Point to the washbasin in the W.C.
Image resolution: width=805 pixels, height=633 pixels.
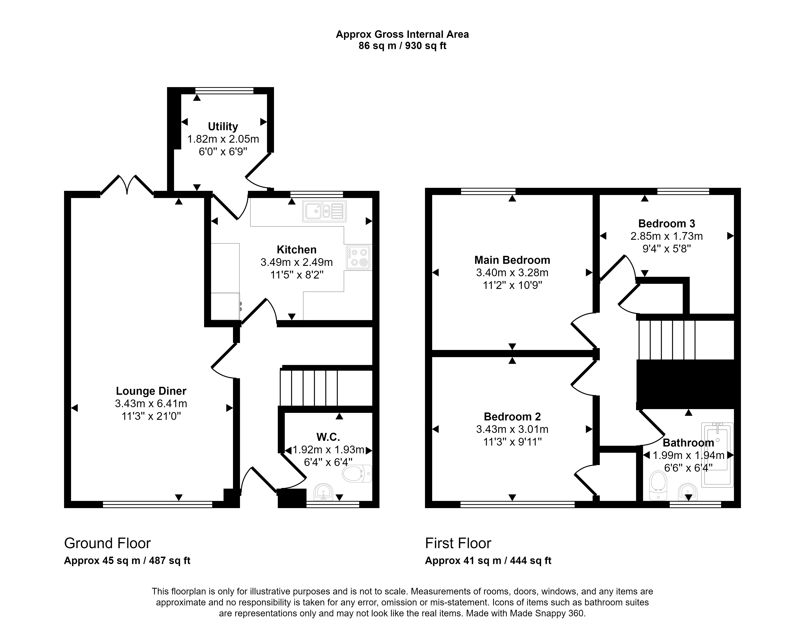click(x=323, y=492)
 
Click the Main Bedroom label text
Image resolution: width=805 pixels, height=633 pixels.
click(x=512, y=260)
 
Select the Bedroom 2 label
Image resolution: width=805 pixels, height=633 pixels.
click(x=512, y=417)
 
